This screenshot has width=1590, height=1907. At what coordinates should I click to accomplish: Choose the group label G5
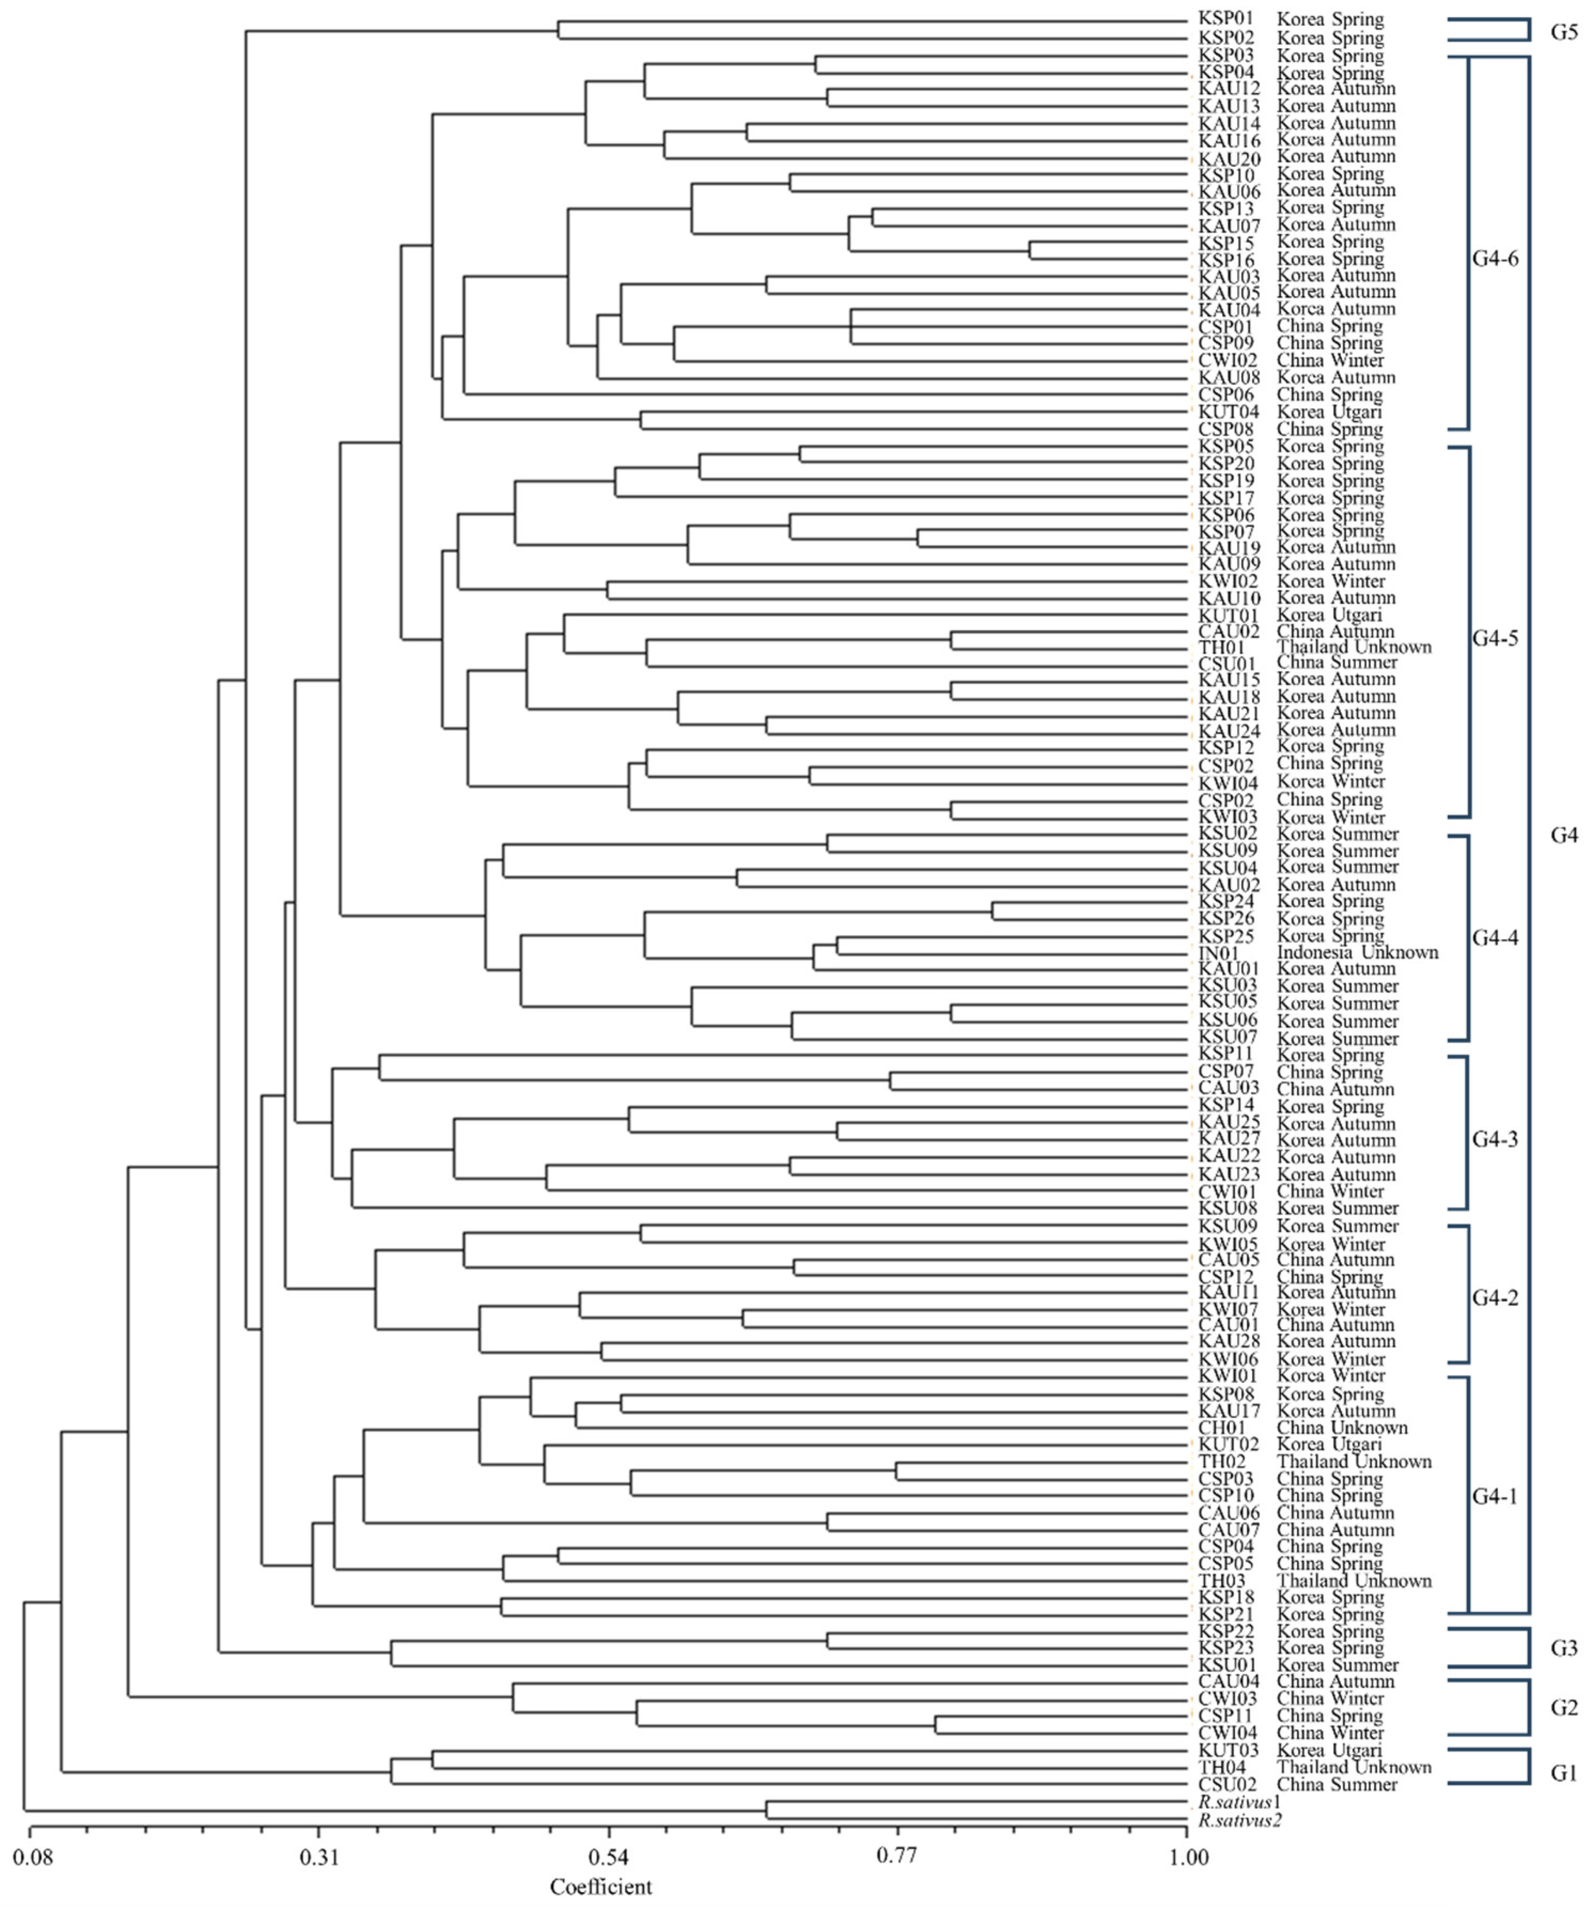pos(1564,31)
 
